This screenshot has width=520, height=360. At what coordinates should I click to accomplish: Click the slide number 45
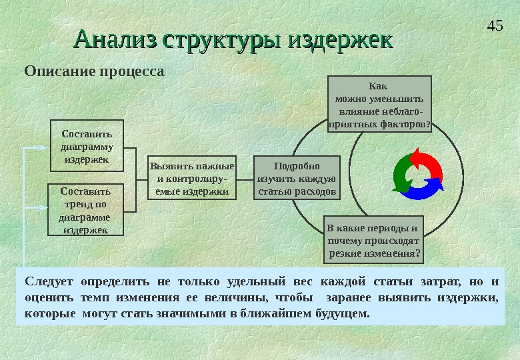click(495, 27)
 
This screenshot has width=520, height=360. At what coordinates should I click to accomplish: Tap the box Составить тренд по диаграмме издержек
click(80, 209)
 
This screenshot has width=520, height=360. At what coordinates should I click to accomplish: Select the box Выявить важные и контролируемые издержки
click(191, 178)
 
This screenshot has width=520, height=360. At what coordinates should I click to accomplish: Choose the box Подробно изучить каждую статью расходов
click(297, 178)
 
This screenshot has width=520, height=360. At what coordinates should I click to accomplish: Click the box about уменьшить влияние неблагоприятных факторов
click(380, 104)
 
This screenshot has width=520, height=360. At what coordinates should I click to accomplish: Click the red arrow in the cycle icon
click(425, 162)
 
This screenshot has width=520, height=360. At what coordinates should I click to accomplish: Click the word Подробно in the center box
click(297, 166)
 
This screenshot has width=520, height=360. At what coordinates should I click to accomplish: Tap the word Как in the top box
click(377, 86)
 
